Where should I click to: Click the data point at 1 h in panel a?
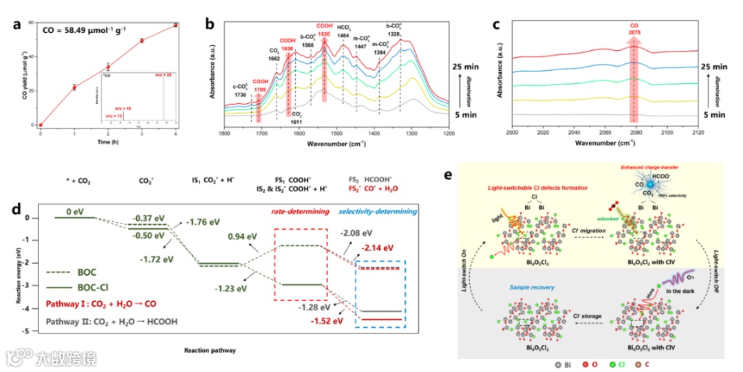pos(74,87)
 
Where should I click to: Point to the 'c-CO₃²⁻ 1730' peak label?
pos(241,91)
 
